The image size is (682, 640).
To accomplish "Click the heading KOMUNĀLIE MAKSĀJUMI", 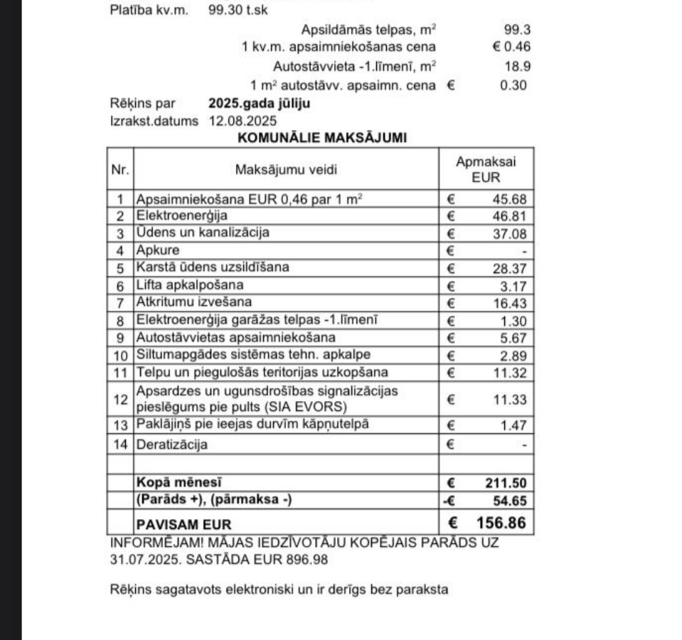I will click(x=322, y=138).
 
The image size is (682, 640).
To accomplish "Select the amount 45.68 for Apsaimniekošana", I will click(x=510, y=199).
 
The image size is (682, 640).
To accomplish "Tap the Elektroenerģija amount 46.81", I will click(x=510, y=216).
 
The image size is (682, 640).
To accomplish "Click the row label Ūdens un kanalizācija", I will click(x=203, y=233).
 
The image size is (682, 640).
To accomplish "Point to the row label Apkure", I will click(x=158, y=250).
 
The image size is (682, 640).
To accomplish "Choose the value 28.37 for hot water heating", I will click(x=510, y=268).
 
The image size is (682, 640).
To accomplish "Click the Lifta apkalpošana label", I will click(x=190, y=285).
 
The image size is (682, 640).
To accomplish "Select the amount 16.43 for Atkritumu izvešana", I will click(x=510, y=303).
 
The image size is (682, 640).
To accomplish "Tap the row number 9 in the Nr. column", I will click(x=120, y=338).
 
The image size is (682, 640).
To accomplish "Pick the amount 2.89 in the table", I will click(x=513, y=355).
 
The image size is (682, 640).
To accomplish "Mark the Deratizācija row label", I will click(x=172, y=445).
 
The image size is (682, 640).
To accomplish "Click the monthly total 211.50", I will click(x=506, y=483).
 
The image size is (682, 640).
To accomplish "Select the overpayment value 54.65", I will click(x=510, y=501).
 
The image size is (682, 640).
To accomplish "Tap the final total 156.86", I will click(x=501, y=523).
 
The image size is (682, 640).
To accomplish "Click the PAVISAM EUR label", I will click(x=183, y=526).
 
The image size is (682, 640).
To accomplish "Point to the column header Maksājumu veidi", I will click(x=286, y=169).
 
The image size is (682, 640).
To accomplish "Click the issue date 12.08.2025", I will click(x=243, y=121).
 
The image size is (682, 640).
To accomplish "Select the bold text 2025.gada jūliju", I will click(x=259, y=103).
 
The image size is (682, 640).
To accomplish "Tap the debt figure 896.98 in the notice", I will click(x=307, y=560).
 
